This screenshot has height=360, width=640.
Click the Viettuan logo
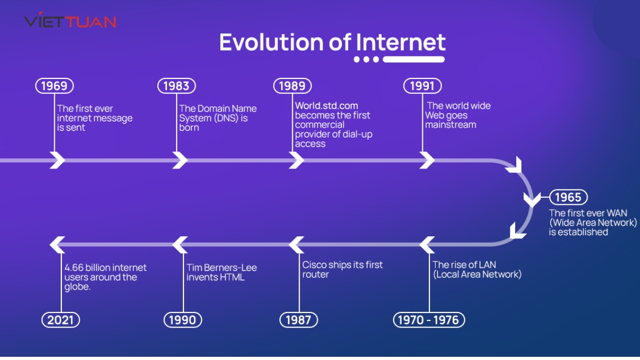(70, 22)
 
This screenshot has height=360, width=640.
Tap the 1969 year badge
(54, 86)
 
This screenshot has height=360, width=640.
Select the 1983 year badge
(177, 86)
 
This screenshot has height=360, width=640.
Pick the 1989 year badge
(292, 86)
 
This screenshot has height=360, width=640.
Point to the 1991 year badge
(422, 86)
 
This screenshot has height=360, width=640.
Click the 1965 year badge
(568, 197)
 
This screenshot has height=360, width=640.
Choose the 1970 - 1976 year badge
(429, 320)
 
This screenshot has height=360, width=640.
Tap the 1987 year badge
(299, 320)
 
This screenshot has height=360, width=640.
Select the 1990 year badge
(183, 320)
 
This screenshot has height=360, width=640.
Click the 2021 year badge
(61, 320)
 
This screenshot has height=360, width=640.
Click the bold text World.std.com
(326, 106)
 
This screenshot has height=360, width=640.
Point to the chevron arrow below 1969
(57, 159)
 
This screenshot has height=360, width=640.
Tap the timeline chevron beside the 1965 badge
(532, 199)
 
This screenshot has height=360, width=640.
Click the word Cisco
(315, 265)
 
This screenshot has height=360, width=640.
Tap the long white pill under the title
(414, 59)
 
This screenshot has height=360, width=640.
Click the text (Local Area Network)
(477, 275)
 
